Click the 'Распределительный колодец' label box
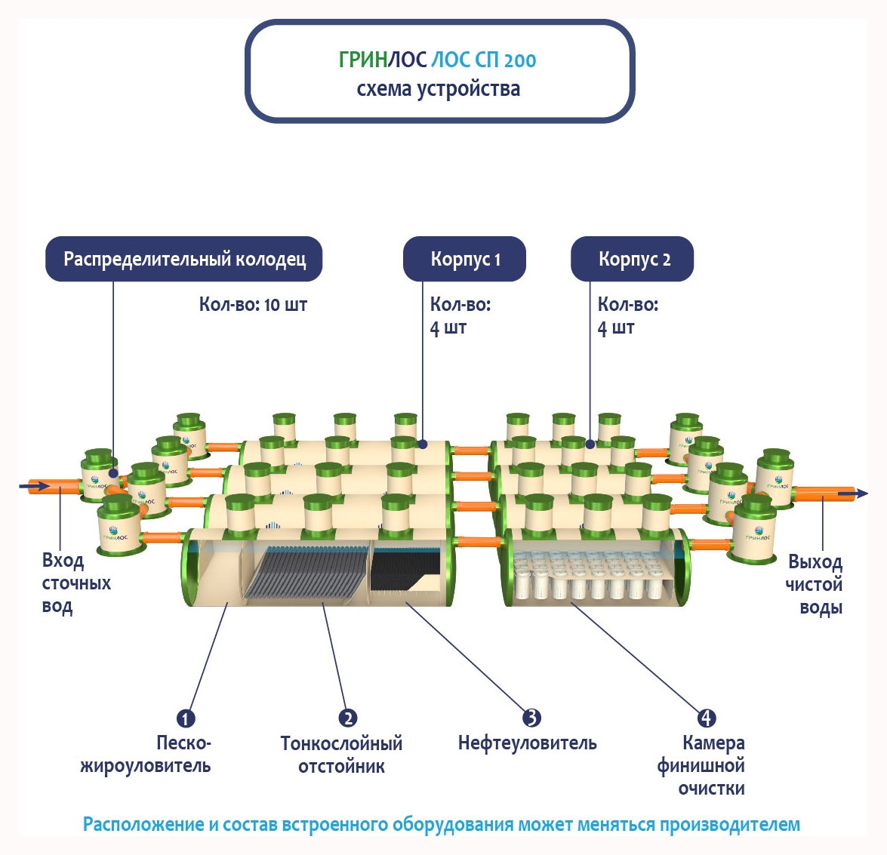[x=184, y=260]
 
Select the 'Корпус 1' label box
[x=464, y=260]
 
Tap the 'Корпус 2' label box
[x=633, y=260]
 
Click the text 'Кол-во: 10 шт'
[x=253, y=305]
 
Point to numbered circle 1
[x=186, y=718]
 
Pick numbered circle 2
[x=347, y=718]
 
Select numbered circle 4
[x=706, y=718]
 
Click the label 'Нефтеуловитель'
[x=527, y=743]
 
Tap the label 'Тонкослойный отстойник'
[x=341, y=755]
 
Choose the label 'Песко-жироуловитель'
[x=146, y=755]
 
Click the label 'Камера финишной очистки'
[x=701, y=766]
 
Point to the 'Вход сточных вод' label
[x=75, y=583]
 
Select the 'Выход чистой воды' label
[x=815, y=585]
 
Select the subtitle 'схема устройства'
[x=439, y=89]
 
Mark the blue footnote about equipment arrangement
[x=442, y=824]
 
